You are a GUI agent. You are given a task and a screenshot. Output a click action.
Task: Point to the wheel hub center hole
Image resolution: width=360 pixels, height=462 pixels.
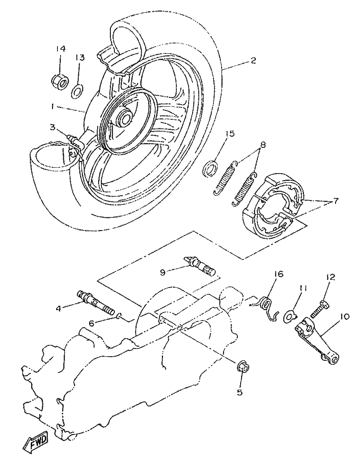coord(125,118)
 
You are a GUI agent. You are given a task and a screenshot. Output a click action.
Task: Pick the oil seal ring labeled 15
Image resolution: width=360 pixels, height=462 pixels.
coord(210,169)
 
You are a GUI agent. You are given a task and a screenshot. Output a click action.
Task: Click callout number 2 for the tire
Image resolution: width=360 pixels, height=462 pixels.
coord(253,61)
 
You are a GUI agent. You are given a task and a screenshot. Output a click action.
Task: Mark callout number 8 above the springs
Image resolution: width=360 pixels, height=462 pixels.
coord(263,145)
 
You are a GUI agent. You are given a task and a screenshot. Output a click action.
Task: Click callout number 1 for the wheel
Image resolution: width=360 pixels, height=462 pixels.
coord(52,107)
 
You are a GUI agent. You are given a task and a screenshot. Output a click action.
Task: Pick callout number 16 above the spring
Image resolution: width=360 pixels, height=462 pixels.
coord(278,274)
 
